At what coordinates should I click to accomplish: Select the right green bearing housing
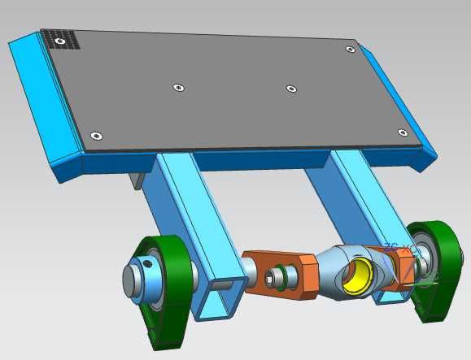(x=434, y=268)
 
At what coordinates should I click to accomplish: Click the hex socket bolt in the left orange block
(x=280, y=276)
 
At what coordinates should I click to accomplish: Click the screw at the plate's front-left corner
(x=96, y=136)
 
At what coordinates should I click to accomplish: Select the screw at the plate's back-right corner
(x=351, y=50)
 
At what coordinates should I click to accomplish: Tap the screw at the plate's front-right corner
(x=402, y=132)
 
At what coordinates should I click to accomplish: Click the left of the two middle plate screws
(x=177, y=87)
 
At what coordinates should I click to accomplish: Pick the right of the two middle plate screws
(x=290, y=88)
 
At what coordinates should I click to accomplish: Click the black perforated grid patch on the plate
(x=63, y=39)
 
